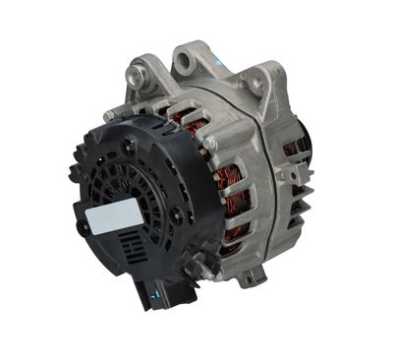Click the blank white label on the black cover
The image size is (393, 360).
pos(116,216)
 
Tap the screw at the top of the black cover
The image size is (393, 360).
pos(130,146)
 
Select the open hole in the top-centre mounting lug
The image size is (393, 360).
pos(185,62)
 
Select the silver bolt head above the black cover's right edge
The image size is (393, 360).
pos(209,144)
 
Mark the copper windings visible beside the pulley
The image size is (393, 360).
pos(291,148)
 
